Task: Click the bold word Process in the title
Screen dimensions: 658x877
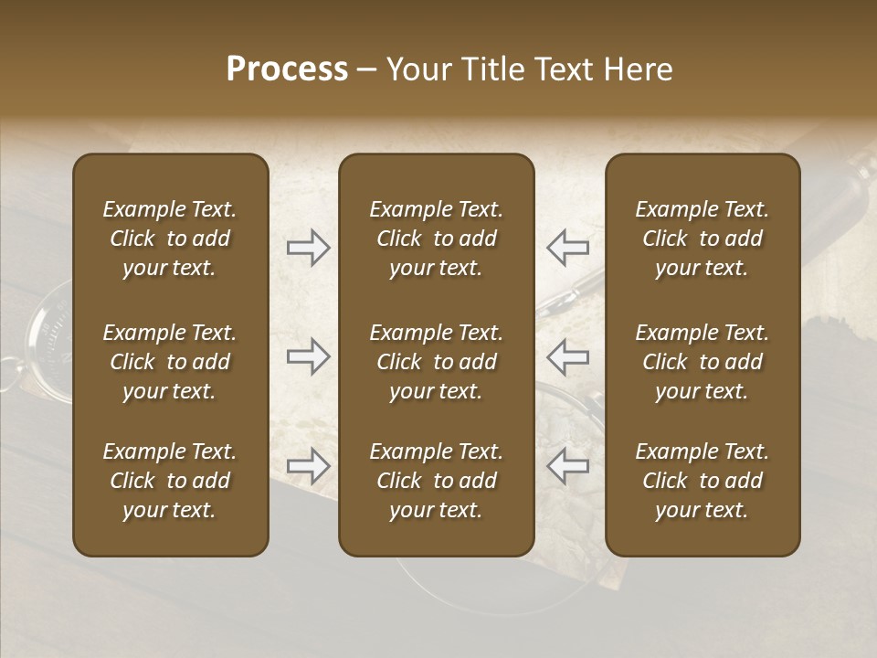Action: coord(287,69)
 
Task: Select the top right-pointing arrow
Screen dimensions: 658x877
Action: coord(308,247)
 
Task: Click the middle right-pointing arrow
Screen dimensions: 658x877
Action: coord(308,356)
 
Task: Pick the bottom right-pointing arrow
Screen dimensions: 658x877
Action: coord(308,466)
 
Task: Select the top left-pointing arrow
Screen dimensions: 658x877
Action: coord(567,247)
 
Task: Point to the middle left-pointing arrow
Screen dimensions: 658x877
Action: coord(567,356)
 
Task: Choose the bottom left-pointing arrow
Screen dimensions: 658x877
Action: coord(567,466)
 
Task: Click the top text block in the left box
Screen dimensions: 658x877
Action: coord(170,239)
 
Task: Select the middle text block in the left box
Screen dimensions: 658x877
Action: coord(170,362)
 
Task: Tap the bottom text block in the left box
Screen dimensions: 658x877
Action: coord(170,481)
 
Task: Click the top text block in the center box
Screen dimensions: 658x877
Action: coord(436,239)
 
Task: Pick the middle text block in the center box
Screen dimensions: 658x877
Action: coord(436,362)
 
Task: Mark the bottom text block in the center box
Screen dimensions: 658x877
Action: coord(436,481)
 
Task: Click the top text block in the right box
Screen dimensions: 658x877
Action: coord(702,239)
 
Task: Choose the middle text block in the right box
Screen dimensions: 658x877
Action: coord(702,362)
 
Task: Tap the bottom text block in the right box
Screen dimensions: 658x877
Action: coord(702,481)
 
